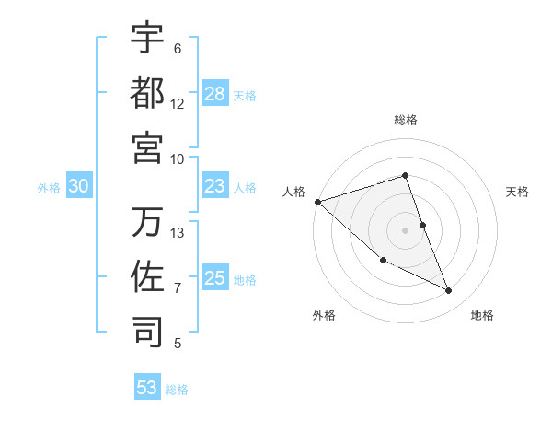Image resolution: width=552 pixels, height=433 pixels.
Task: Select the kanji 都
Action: coord(147,92)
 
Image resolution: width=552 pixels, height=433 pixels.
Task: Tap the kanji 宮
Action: coord(147,147)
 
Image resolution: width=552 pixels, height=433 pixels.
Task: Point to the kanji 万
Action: coord(147,222)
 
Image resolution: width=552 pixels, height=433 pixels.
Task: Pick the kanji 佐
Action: coord(147,277)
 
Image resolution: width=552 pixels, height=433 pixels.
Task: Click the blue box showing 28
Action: coord(215,93)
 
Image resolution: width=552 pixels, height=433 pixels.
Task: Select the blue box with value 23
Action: coord(215,186)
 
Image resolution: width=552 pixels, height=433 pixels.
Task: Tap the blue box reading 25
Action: coord(215,277)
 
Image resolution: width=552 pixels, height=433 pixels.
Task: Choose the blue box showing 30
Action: coord(78,186)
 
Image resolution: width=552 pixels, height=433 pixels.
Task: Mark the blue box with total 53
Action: coord(147,388)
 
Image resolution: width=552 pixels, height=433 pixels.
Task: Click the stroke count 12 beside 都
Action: coord(178,104)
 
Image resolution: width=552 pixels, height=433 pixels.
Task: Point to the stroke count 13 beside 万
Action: coord(178,233)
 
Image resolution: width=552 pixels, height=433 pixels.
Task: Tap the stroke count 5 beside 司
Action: coord(178,345)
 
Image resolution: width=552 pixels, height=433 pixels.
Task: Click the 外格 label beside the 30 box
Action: coord(49,187)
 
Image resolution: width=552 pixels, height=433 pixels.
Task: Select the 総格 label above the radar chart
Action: coord(406,120)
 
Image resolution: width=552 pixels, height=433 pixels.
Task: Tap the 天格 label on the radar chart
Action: coord(518,192)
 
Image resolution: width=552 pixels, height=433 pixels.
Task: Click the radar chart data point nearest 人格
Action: coord(317,202)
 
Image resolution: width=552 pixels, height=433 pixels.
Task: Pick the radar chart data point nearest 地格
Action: coord(449,291)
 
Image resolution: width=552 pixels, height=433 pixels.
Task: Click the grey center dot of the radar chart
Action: coord(406,229)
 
